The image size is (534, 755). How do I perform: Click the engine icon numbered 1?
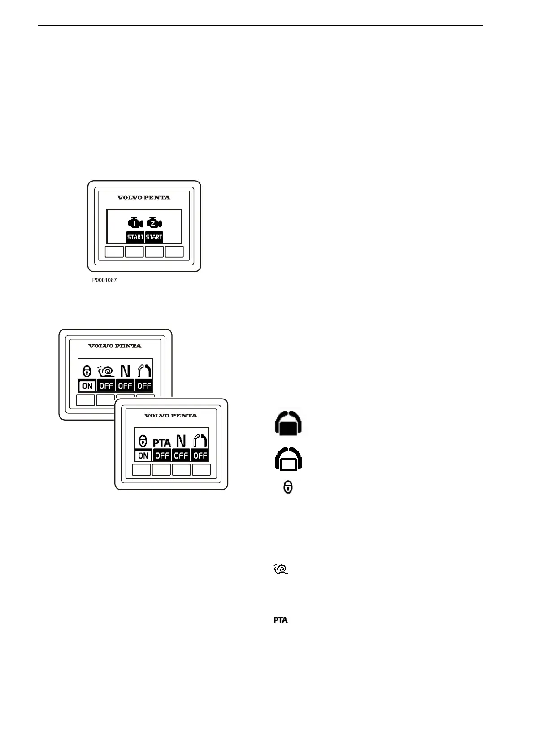click(135, 223)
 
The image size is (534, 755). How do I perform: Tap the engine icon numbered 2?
click(154, 223)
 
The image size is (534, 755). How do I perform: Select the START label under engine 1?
click(135, 237)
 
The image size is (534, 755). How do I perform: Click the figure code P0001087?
click(104, 280)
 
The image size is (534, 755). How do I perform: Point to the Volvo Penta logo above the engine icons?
click(143, 197)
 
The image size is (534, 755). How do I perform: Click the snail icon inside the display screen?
click(106, 371)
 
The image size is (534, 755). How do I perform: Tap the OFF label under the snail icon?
click(106, 386)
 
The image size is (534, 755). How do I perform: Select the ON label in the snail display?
click(87, 386)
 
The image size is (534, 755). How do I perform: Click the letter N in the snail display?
click(125, 371)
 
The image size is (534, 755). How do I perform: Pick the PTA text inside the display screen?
click(162, 443)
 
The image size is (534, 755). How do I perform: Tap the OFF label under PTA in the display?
click(162, 456)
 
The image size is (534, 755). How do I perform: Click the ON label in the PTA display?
click(143, 456)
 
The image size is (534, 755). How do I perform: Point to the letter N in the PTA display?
click(181, 441)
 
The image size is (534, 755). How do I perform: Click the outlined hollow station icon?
click(288, 459)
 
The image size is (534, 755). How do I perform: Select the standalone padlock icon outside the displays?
click(288, 487)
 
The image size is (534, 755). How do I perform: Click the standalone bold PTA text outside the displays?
click(281, 620)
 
